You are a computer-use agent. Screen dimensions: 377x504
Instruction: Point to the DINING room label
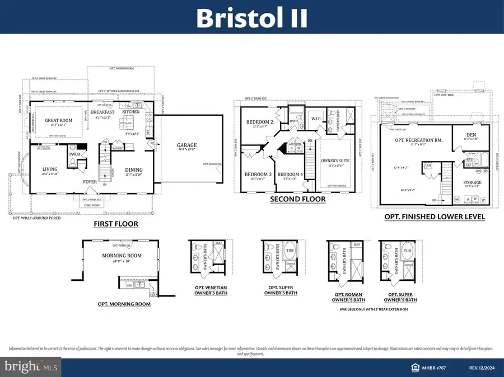point(133,170)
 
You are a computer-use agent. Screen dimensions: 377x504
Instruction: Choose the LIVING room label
point(51,170)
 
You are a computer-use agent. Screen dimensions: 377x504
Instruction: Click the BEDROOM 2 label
point(259,122)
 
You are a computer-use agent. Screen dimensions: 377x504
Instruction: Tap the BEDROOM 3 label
point(258,175)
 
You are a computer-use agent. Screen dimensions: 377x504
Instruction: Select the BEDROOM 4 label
point(290,175)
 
